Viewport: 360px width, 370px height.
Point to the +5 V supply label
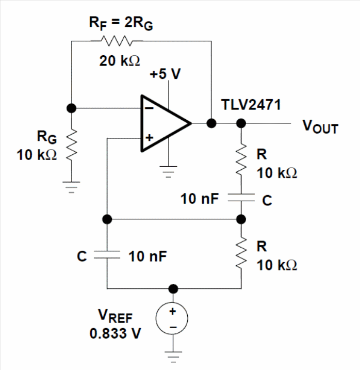tap(166, 74)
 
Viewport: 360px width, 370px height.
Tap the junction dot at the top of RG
tap(73, 108)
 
